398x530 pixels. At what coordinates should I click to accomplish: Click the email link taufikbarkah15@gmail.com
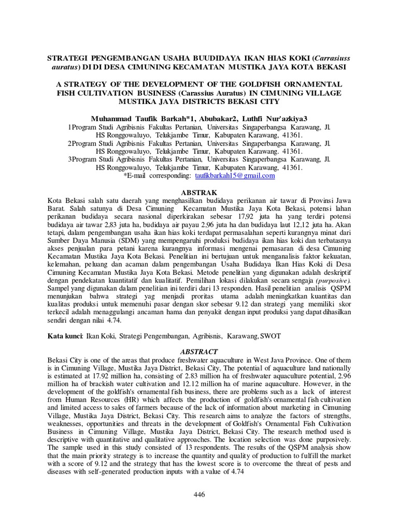(x=234, y=176)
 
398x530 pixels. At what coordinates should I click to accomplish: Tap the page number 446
(x=199, y=495)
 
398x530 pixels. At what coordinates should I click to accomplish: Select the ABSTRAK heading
(x=199, y=193)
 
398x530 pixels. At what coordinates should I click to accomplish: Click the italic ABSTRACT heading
(x=199, y=351)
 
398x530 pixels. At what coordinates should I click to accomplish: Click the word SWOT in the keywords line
(x=269, y=336)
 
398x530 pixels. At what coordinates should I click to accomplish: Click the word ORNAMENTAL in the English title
(x=311, y=84)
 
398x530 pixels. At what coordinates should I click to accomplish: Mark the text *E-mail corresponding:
(x=157, y=176)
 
